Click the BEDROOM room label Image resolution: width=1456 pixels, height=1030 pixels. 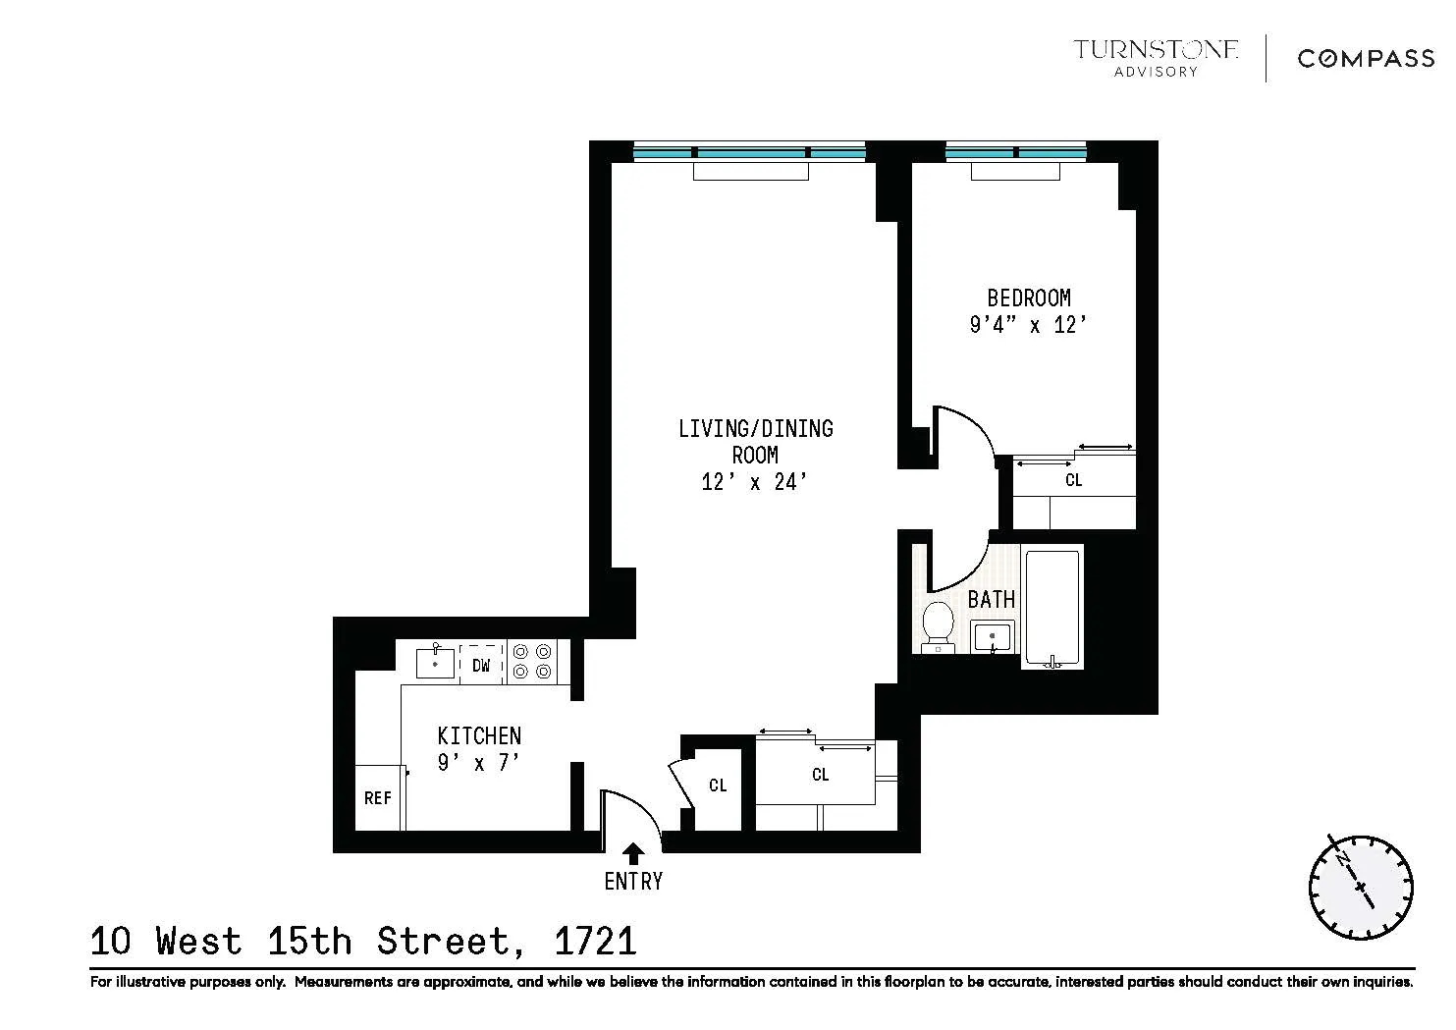coord(1028,298)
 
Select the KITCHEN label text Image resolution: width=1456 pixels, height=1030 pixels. coord(479,735)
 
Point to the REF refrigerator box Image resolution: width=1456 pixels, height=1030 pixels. coord(378,797)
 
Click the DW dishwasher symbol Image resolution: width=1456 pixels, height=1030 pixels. coord(481,665)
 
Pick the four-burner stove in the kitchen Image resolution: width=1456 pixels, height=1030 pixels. coord(532,662)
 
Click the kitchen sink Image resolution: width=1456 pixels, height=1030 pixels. coord(435,663)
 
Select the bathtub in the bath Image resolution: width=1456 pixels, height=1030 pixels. coord(1052,608)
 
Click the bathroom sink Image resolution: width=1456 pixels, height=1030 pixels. coord(993,636)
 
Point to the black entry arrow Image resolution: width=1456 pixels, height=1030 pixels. coord(633,853)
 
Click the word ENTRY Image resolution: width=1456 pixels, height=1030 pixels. coord(633,882)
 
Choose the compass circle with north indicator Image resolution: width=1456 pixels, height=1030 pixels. coord(1360,886)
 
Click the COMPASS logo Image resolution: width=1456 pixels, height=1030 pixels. coord(1366,59)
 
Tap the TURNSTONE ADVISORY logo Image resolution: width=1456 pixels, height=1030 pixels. coord(1156,57)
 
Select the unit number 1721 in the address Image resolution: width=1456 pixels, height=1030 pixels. coord(596,942)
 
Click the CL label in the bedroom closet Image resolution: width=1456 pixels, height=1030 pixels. coord(1073,480)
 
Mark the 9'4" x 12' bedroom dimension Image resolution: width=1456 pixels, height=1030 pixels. coord(1028,324)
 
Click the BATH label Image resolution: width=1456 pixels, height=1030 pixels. coord(992,598)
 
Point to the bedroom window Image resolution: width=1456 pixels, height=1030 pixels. coord(1016,152)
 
